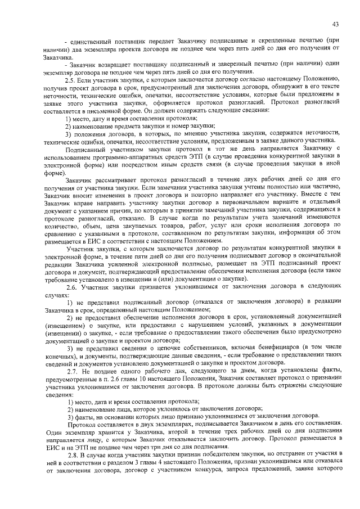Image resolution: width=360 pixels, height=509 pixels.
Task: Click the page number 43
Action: (335, 24)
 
